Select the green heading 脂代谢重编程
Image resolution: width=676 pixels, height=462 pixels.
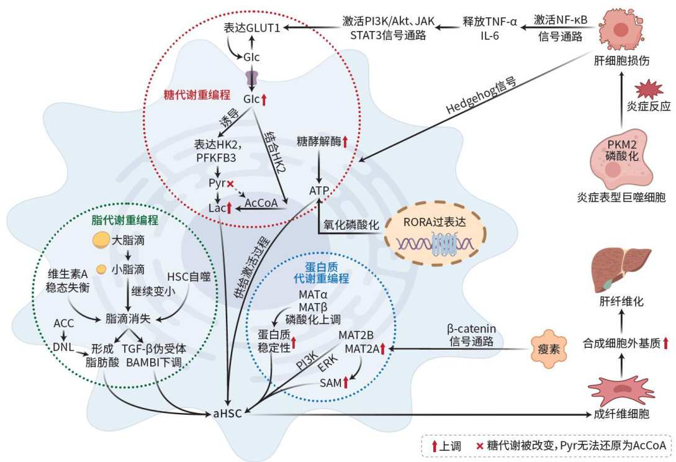tap(124, 220)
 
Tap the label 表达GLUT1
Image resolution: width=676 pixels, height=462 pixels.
tap(252, 27)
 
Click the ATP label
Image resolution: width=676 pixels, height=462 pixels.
tap(318, 189)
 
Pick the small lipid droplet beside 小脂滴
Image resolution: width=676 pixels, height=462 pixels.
tap(100, 269)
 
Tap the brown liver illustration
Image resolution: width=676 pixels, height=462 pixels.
tap(621, 265)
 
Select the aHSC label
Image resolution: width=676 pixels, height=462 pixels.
tap(228, 413)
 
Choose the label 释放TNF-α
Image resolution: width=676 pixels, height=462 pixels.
tap(490, 21)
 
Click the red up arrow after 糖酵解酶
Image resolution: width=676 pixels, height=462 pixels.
tap(344, 141)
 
